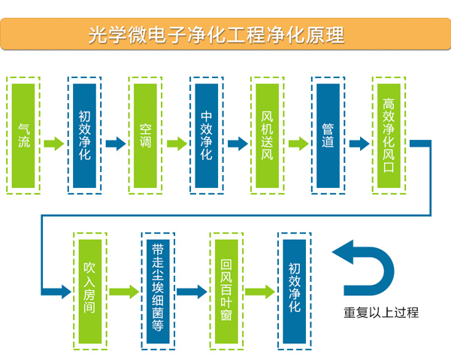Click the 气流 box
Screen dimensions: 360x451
(24, 135)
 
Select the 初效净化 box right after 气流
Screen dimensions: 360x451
(85, 135)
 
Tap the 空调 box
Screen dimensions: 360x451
(146, 135)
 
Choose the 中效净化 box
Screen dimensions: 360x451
(207, 135)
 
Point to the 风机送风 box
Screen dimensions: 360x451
(268, 135)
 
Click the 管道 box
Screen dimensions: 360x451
(328, 135)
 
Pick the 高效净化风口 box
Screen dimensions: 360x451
(389, 135)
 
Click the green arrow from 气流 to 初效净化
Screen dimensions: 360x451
(54, 144)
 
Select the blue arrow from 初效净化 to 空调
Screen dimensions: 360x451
(115, 144)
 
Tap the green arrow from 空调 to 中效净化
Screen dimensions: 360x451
(176, 144)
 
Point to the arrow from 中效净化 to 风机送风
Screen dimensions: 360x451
(237, 144)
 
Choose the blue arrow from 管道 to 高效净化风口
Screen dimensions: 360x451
(359, 144)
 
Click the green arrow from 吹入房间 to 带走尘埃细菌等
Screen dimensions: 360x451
(124, 292)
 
